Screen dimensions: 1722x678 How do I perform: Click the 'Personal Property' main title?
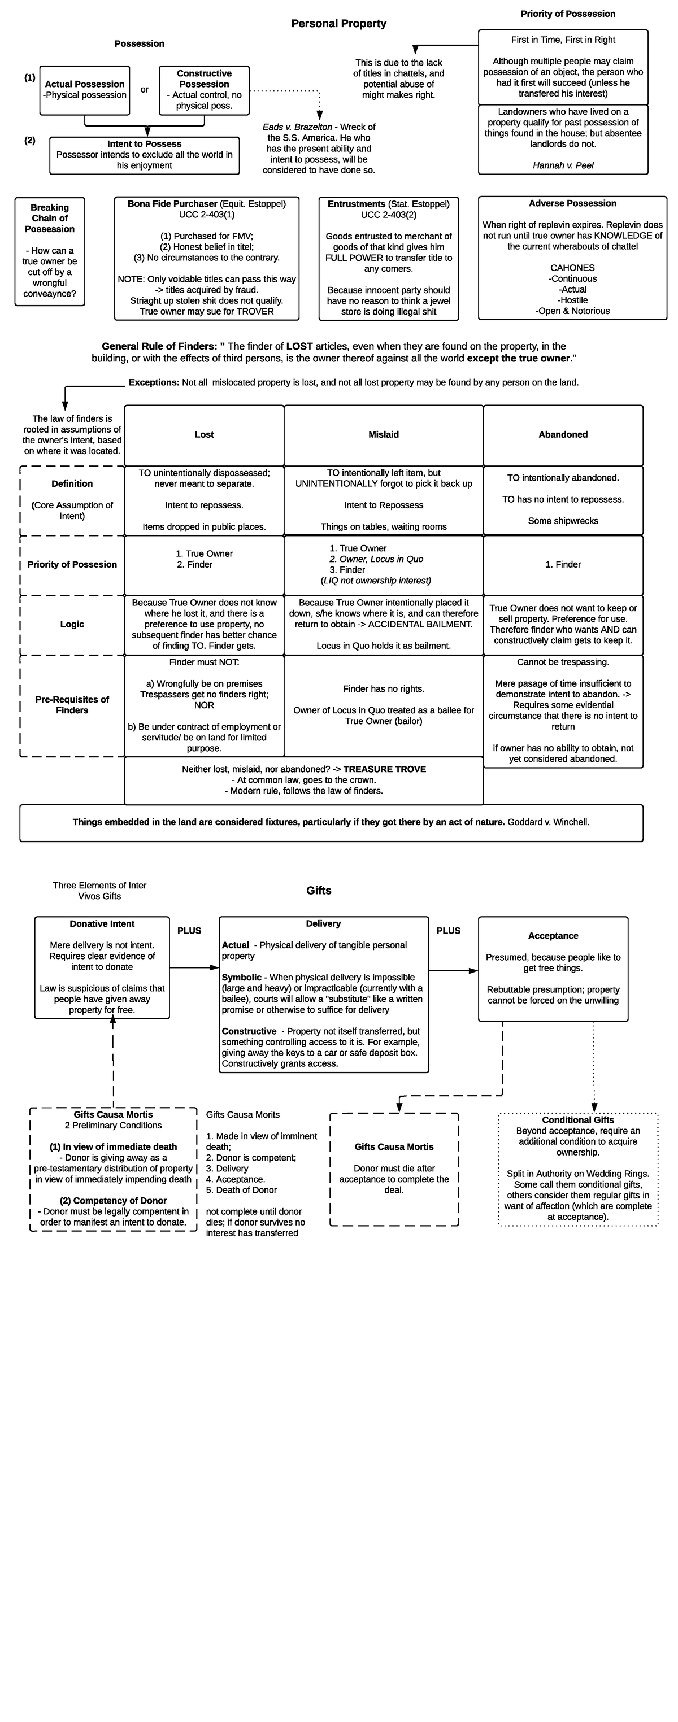(x=338, y=23)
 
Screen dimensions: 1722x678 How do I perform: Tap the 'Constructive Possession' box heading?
(x=204, y=79)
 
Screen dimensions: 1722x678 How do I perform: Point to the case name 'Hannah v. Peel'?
(x=562, y=165)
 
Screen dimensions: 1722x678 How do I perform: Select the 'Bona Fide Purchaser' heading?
(x=172, y=204)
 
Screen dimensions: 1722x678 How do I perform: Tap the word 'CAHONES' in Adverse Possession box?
(x=572, y=267)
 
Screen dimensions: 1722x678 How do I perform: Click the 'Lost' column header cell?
(x=204, y=434)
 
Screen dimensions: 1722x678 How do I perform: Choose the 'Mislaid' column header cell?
(x=383, y=434)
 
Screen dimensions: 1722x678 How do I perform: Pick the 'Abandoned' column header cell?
(x=562, y=434)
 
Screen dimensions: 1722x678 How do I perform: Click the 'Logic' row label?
(x=72, y=624)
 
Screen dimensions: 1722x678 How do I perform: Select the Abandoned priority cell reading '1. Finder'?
(x=562, y=564)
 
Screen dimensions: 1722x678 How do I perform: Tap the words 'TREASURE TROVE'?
(x=384, y=769)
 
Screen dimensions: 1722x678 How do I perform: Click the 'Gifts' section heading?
(x=318, y=891)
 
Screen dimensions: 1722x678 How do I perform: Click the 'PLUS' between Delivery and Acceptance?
(x=448, y=931)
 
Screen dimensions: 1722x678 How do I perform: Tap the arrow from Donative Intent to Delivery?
(x=194, y=967)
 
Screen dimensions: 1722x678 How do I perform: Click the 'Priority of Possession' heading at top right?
(x=568, y=14)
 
